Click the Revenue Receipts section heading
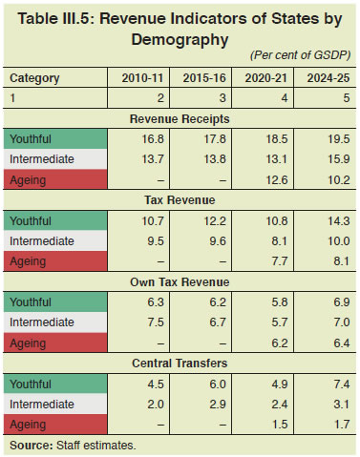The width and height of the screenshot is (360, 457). coord(180,119)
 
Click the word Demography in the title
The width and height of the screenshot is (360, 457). coord(180,39)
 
